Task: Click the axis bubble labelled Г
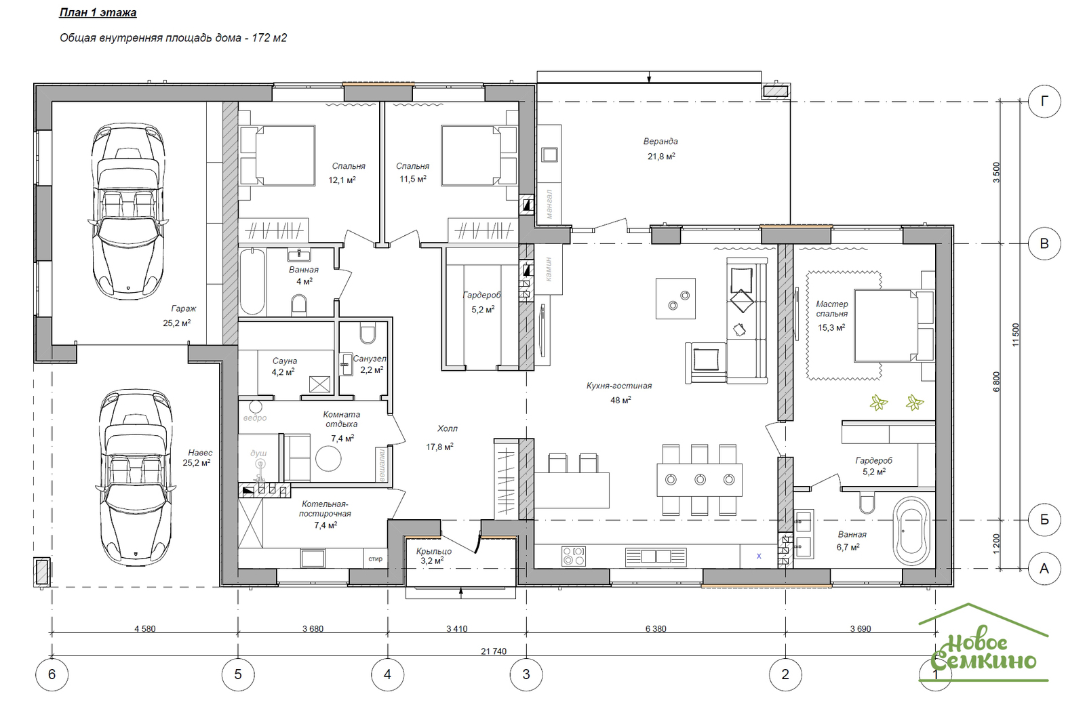point(1044,101)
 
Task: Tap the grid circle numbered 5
point(238,674)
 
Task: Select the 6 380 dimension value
point(656,628)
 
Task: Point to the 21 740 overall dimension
point(494,651)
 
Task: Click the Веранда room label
point(660,142)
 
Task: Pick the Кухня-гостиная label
point(619,386)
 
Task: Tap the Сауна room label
point(284,361)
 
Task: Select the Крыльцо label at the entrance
point(434,551)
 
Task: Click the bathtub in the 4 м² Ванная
point(252,282)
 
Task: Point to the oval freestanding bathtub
point(911,531)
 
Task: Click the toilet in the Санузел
point(368,332)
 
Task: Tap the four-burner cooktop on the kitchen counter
point(574,556)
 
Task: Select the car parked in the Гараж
point(128,211)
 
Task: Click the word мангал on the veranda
point(549,204)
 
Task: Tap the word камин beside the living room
point(549,269)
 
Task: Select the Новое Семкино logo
point(983,643)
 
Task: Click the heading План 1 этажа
point(98,13)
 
